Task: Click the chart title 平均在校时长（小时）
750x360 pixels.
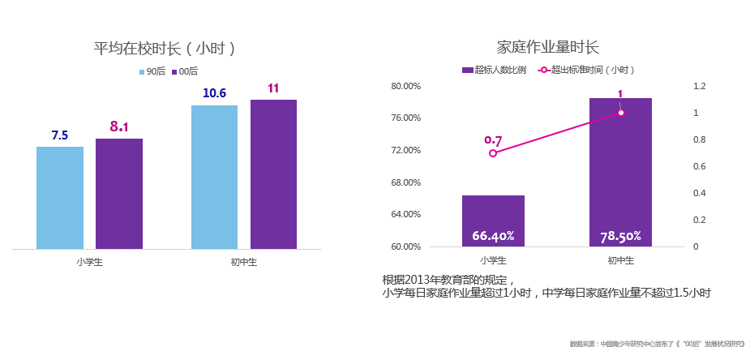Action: [x=165, y=48]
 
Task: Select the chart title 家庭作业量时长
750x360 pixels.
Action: [x=547, y=47]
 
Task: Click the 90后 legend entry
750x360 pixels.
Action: [x=152, y=71]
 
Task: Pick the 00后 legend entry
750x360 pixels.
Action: [x=185, y=71]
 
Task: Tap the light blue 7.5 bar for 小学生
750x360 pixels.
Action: [x=60, y=198]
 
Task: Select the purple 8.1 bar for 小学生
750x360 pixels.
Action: [x=119, y=194]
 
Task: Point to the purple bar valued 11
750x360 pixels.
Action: [x=273, y=174]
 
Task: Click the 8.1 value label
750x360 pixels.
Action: [x=119, y=126]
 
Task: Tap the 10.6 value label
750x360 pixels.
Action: [x=214, y=93]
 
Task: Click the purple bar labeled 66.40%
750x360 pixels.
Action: [x=493, y=221]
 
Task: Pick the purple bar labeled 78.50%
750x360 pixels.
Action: [x=620, y=172]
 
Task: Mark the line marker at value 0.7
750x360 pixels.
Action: [x=493, y=152]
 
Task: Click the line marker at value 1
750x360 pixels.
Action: [x=620, y=113]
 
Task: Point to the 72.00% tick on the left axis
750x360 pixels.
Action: [x=406, y=150]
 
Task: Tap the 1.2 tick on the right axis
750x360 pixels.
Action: [x=700, y=86]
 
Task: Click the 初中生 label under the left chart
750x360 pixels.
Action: [x=243, y=262]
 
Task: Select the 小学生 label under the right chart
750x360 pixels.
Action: [x=493, y=260]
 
